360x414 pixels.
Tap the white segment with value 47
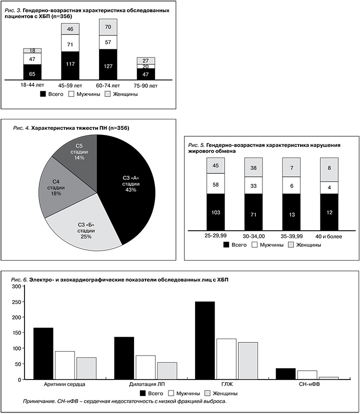click(32, 58)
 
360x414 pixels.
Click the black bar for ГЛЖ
click(204, 340)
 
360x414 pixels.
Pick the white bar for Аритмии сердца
click(64, 365)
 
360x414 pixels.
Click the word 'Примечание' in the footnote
click(42, 401)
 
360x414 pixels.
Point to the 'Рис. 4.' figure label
click(22, 128)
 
